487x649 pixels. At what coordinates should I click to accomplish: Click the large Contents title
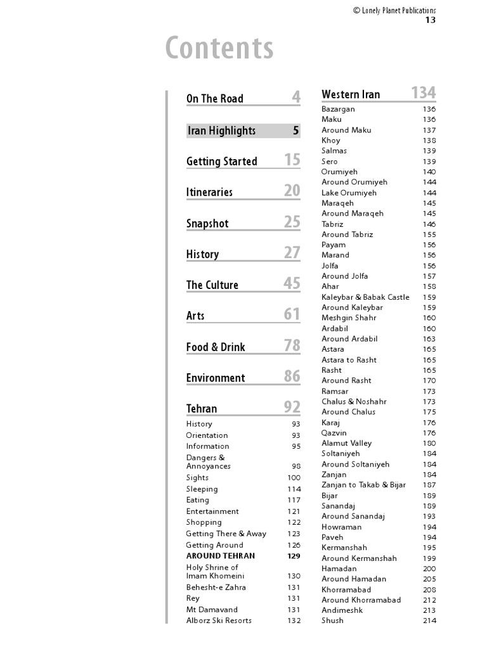219,49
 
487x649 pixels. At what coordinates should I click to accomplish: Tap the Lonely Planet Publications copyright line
394,10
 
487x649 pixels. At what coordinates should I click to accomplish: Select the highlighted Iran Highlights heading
222,131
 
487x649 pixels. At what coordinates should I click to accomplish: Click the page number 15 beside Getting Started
292,160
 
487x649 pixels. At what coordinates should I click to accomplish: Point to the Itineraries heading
209,192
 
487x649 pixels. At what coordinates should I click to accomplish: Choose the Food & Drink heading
216,347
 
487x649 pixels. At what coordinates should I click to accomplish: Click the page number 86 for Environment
292,376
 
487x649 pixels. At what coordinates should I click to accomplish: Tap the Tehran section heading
202,409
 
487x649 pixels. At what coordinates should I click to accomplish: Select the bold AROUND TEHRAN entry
221,556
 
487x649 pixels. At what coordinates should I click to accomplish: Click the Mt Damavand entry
212,610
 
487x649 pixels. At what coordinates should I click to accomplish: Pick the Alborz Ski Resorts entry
219,620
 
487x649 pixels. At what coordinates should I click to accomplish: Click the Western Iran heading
351,94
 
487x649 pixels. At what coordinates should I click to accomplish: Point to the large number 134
423,93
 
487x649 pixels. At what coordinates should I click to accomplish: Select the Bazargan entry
338,109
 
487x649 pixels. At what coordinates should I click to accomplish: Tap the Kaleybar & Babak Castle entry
365,297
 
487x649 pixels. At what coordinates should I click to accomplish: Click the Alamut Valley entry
346,443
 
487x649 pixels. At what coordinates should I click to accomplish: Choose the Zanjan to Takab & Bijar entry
363,485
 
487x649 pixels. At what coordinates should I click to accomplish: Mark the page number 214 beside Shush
429,620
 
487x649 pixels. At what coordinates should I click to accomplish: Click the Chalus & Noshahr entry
354,401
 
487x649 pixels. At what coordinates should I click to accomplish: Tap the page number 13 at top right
430,20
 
